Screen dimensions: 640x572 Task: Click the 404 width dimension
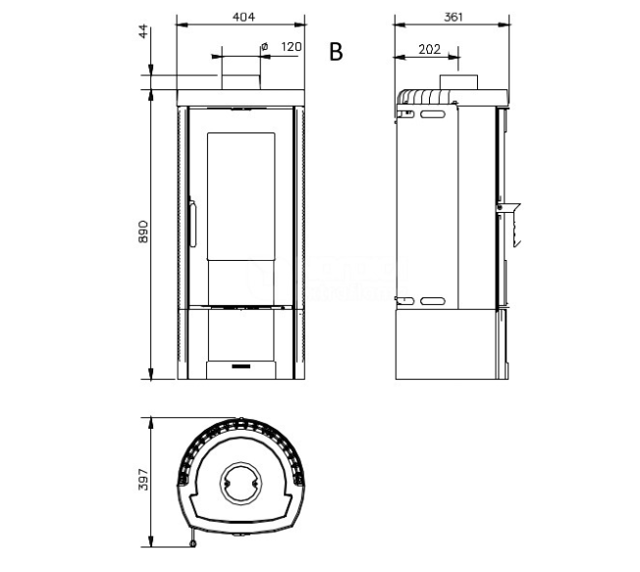[243, 17]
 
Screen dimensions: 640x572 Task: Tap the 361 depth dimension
[453, 17]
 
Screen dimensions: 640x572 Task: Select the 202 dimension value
[429, 49]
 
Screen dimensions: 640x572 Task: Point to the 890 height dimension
[143, 232]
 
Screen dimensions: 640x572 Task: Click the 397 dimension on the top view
[143, 480]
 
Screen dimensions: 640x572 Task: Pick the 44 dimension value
[143, 31]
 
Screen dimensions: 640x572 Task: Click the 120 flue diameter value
[291, 46]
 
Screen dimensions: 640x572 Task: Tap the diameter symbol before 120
[264, 46]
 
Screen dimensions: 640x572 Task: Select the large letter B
[336, 52]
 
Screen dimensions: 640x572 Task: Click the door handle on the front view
[192, 223]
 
